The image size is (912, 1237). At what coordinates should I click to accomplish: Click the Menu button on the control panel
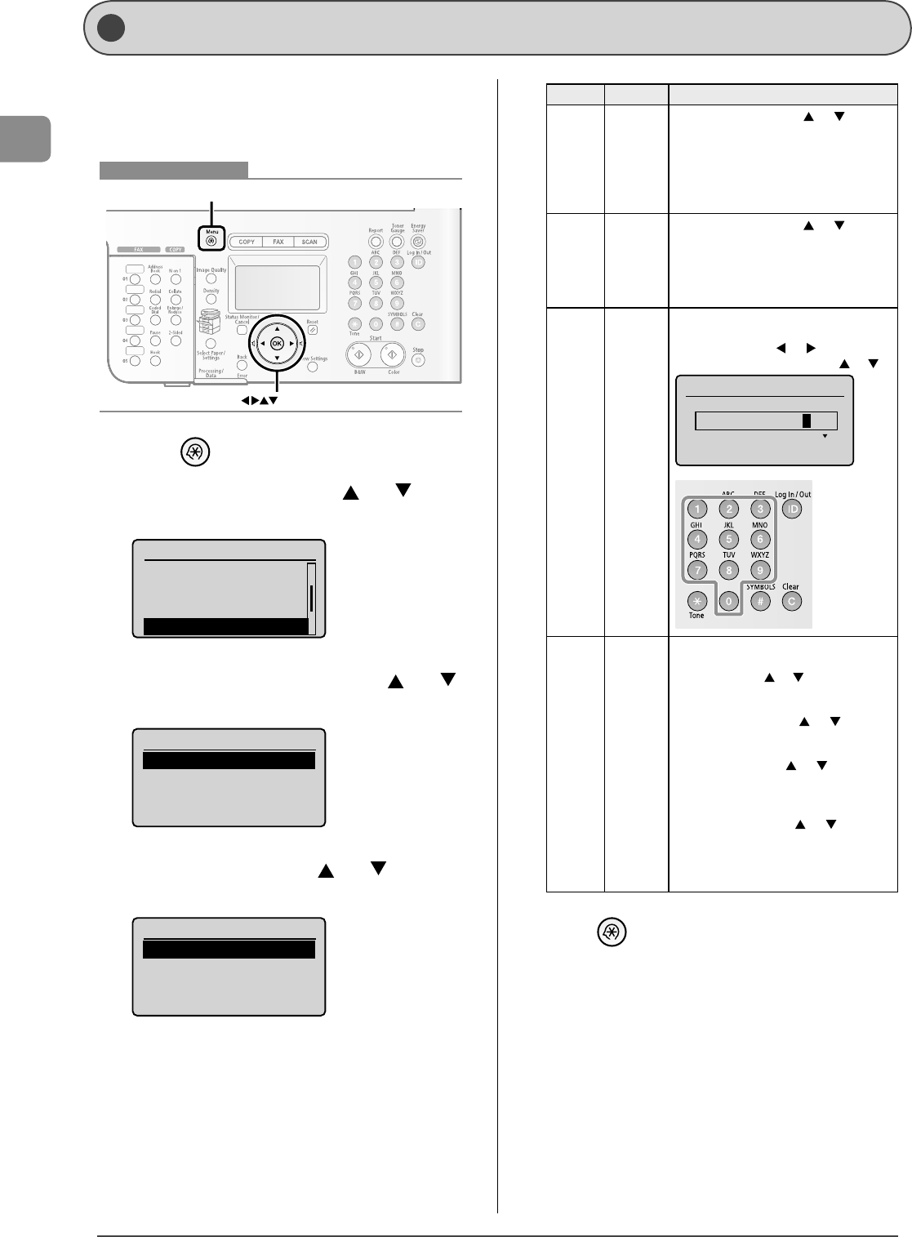pos(212,241)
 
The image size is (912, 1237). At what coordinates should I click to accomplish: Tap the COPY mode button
pos(247,242)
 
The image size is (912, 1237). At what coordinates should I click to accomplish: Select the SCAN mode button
pos(309,242)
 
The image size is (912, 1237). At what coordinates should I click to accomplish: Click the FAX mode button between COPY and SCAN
pos(278,242)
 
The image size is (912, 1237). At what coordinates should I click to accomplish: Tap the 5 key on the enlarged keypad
pos(728,540)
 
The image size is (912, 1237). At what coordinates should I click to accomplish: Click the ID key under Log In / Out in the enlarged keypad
pos(790,509)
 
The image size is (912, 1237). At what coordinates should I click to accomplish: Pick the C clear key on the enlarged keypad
pos(790,601)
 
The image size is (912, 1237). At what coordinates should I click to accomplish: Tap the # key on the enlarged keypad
pos(759,601)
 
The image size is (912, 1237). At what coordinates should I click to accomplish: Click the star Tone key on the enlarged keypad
pos(696,601)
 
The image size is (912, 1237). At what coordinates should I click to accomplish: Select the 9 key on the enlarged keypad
pos(759,570)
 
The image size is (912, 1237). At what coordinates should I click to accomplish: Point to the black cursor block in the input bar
pos(806,420)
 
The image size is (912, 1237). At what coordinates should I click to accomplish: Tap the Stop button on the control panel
pos(418,359)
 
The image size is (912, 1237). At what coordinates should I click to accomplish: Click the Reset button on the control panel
pos(312,330)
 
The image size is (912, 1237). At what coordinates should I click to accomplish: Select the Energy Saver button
pos(418,242)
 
